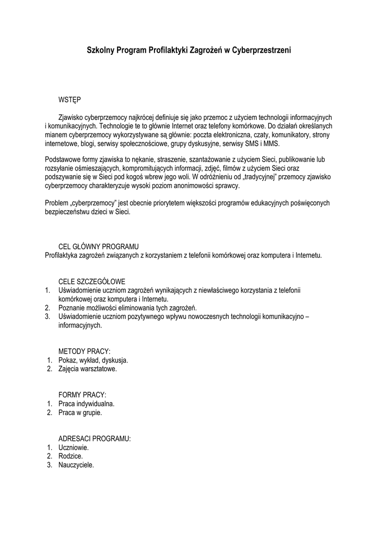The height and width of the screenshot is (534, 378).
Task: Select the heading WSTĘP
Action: point(69,99)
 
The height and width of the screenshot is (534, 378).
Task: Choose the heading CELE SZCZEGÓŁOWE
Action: point(92,282)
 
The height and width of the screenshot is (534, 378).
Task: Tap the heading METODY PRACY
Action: point(85,351)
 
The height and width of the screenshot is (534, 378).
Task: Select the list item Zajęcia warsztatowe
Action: point(88,369)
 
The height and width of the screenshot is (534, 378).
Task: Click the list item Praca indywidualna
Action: point(86,404)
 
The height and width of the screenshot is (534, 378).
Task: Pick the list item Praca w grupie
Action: point(80,412)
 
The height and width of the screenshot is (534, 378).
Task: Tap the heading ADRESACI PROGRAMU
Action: point(95,439)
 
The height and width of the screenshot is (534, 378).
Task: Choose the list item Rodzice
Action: point(70,456)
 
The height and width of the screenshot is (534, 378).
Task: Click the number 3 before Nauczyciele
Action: point(48,465)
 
